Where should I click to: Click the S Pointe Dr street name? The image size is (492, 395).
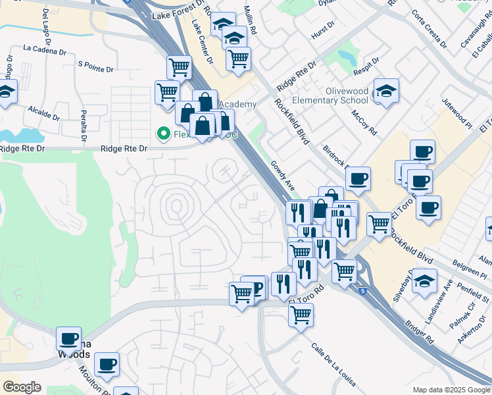coord(96,65)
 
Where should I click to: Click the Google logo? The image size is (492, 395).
coord(22,387)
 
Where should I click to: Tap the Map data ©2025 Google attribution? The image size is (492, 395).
coord(451,390)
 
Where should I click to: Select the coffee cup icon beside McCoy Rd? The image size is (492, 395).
coord(358,178)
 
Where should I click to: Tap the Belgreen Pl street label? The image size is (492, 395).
coord(458,269)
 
